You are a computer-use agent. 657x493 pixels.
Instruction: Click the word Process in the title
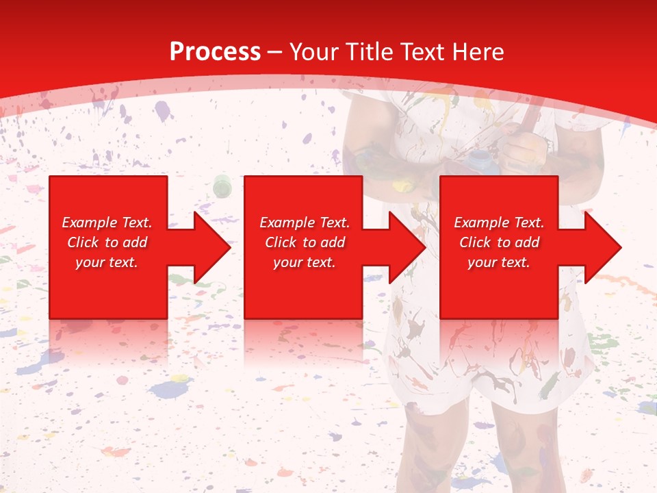215,52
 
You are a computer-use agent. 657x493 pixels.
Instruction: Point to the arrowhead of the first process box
212,247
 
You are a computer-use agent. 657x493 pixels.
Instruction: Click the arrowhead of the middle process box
407,247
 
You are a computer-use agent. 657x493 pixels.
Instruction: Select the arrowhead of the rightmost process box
603,247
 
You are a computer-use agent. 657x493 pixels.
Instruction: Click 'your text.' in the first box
107,262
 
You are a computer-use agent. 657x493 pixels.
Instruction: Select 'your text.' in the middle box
305,262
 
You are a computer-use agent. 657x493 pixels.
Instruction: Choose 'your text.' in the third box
499,262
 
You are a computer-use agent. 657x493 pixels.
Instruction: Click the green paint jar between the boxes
222,185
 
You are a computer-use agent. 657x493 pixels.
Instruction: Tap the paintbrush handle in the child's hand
529,120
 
